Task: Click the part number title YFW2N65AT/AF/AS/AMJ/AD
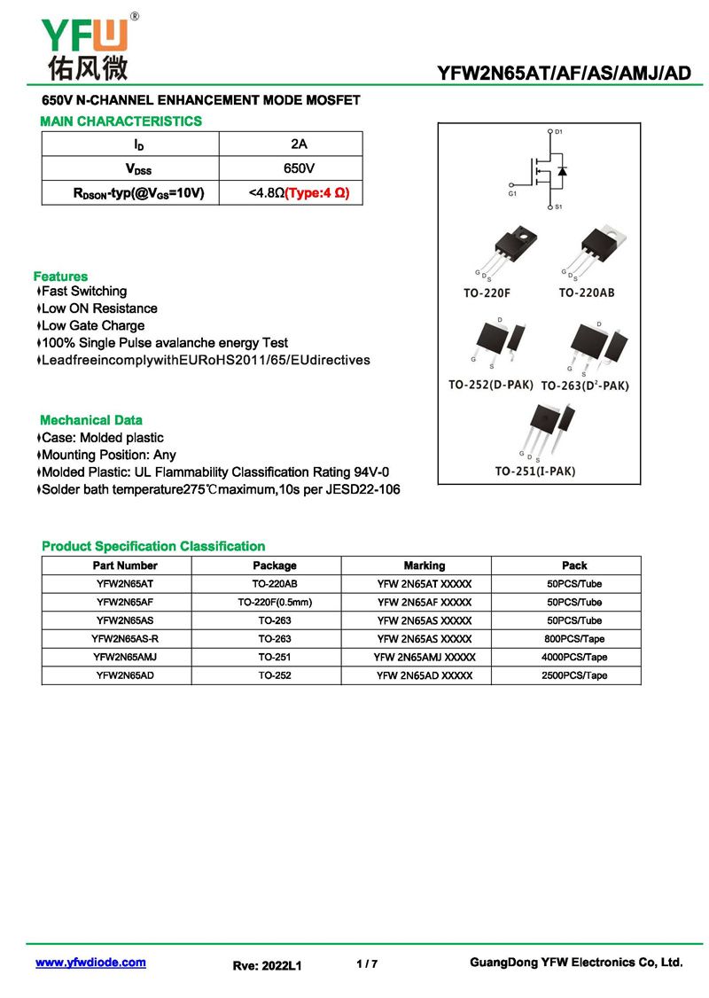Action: coord(565,74)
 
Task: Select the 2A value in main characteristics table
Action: coord(299,144)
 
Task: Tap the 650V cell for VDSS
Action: coord(299,168)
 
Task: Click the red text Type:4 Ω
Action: coord(311,192)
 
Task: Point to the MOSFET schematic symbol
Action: coord(543,169)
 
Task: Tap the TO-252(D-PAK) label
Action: coord(490,385)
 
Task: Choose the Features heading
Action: coord(60,277)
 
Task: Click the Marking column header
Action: coord(425,565)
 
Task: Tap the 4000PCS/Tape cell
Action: coord(574,658)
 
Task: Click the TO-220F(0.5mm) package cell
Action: coord(275,603)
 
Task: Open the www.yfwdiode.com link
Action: coord(90,963)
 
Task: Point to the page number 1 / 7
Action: coord(367,963)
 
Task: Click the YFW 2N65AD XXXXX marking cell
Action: coord(425,675)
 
